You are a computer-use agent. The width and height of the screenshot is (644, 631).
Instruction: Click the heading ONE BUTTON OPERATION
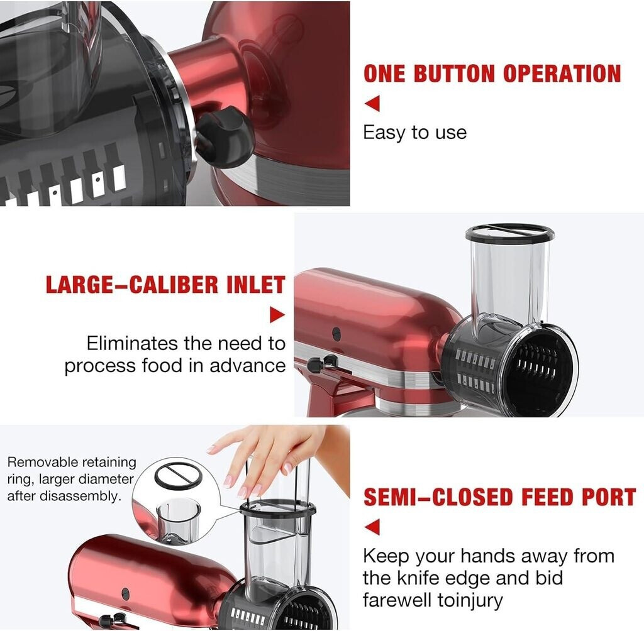[492, 74]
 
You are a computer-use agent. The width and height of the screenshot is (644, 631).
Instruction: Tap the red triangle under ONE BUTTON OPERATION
[372, 103]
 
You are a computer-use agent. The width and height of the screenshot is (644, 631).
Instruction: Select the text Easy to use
[415, 133]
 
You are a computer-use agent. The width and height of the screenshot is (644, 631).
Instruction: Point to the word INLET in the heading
[257, 285]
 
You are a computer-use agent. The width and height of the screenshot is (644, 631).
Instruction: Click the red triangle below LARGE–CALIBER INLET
[277, 315]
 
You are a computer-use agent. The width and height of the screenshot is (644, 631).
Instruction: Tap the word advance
[248, 365]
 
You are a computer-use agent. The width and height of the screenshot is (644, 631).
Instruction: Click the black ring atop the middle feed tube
[509, 233]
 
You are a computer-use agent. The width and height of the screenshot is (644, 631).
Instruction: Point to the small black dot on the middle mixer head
[336, 333]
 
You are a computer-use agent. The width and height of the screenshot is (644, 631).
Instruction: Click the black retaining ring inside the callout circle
[178, 476]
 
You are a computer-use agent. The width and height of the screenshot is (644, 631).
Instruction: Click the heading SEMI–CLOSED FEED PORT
[499, 497]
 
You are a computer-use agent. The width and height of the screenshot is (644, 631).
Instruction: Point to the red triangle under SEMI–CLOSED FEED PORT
[372, 527]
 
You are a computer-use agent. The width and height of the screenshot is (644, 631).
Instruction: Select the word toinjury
[470, 600]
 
